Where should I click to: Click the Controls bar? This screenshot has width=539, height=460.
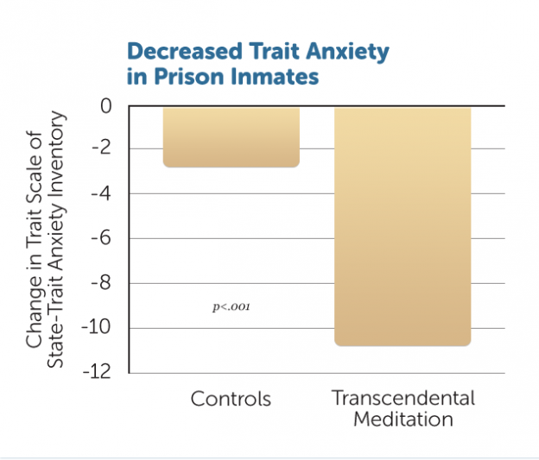pos(231,136)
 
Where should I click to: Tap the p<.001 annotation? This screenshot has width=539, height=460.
pos(231,306)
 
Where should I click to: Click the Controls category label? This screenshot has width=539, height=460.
pos(231,400)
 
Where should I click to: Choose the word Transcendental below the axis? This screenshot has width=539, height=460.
pos(403,399)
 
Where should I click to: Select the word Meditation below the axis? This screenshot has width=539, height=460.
pos(403,420)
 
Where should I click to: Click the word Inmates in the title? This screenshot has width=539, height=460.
pos(279,77)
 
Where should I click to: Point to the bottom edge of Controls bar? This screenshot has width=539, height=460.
pos(231,167)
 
